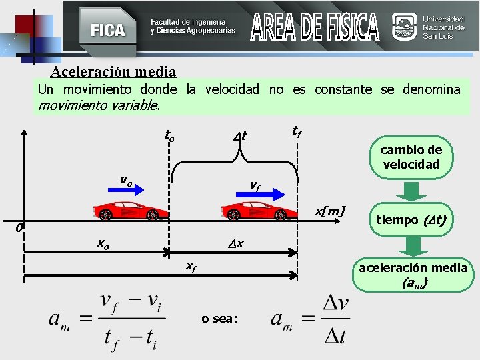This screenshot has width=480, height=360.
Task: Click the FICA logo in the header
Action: pyautogui.click(x=107, y=30)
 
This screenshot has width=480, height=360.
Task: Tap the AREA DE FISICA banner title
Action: pyautogui.click(x=315, y=27)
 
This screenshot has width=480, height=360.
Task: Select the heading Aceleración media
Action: pyautogui.click(x=113, y=71)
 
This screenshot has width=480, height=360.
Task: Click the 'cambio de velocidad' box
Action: pyautogui.click(x=411, y=157)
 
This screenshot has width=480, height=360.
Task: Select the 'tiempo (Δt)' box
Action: pyautogui.click(x=411, y=219)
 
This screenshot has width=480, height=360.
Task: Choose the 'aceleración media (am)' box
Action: pyautogui.click(x=413, y=275)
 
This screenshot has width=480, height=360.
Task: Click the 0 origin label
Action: pyautogui.click(x=19, y=229)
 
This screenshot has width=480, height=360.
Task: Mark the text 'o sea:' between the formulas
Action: pyautogui.click(x=219, y=319)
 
